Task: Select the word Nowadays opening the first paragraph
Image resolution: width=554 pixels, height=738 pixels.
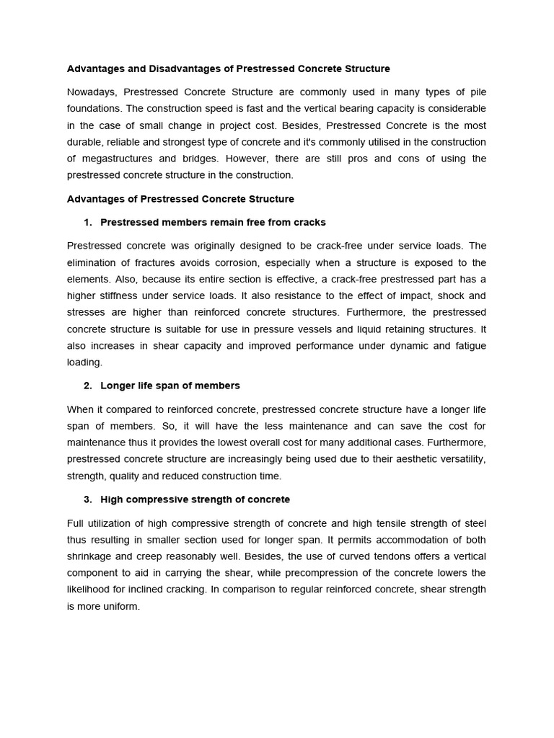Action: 91,92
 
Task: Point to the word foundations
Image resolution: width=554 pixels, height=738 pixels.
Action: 93,109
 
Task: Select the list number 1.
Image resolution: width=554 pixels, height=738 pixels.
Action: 87,222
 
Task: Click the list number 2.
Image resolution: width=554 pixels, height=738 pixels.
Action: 87,386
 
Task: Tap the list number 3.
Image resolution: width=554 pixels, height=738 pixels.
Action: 87,499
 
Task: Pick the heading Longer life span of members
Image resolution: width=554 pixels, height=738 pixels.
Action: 170,386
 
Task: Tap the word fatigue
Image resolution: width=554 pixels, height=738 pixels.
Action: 470,346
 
